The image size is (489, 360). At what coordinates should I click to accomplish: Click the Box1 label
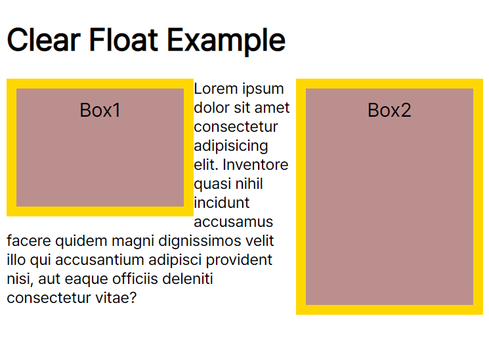[100, 110]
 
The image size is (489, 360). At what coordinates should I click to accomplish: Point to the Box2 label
[389, 110]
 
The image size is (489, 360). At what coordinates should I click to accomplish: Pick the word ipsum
[263, 89]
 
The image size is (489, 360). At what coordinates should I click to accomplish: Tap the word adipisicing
[231, 146]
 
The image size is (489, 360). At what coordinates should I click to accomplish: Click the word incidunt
[222, 203]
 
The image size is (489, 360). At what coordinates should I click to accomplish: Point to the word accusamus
[234, 222]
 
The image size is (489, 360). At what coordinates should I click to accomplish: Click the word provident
[239, 260]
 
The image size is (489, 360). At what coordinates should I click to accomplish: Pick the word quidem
[74, 241]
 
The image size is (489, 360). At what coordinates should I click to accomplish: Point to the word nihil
[251, 184]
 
